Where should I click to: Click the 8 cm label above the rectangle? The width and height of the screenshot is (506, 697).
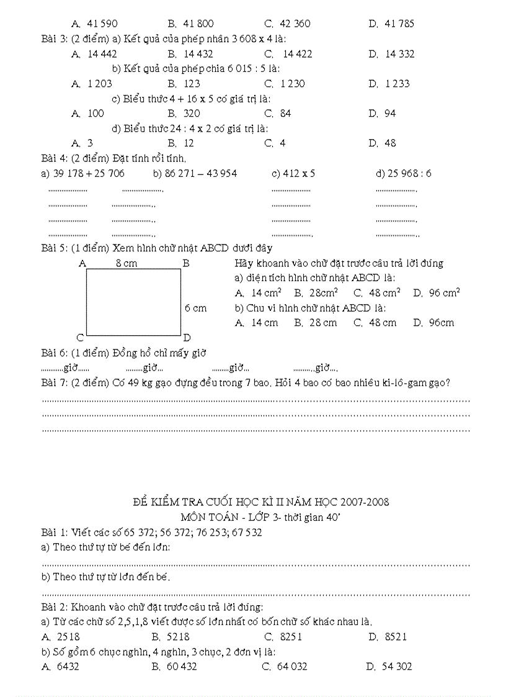click(126, 263)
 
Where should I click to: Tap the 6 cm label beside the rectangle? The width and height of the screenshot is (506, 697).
click(195, 308)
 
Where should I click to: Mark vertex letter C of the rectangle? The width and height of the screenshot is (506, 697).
click(80, 338)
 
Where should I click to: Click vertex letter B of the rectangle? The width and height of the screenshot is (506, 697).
click(185, 263)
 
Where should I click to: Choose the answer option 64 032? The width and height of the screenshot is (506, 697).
click(292, 667)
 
